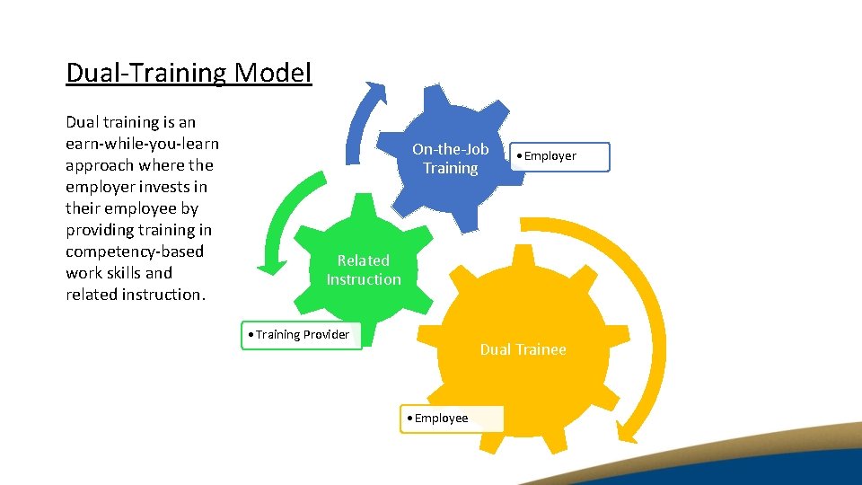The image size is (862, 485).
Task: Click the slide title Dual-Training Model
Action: [x=189, y=72]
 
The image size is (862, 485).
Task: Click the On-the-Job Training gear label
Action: [x=450, y=159]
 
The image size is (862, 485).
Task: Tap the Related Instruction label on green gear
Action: [x=364, y=269]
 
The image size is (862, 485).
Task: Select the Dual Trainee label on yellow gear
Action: [x=523, y=349]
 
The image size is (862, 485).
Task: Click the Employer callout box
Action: [x=559, y=156]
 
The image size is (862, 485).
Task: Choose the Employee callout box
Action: [x=452, y=419]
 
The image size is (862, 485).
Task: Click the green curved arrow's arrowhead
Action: [x=267, y=266]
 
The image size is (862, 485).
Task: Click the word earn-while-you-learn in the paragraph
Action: [x=142, y=144]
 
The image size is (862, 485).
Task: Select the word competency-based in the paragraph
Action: [x=135, y=251]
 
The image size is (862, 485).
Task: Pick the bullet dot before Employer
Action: [x=518, y=156]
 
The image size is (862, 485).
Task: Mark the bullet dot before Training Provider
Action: [x=251, y=335]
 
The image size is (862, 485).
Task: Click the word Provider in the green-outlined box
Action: [x=326, y=335]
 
